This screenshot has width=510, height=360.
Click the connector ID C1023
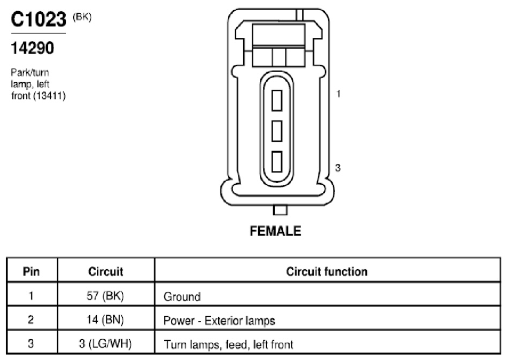pyautogui.click(x=38, y=19)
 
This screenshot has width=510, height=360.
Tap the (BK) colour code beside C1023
pyautogui.click(x=82, y=17)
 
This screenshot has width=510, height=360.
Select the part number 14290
pyautogui.click(x=32, y=49)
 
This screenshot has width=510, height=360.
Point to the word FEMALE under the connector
pyautogui.click(x=275, y=231)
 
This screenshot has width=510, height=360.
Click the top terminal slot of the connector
pyautogui.click(x=277, y=101)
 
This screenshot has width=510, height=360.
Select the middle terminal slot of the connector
pyautogui.click(x=277, y=131)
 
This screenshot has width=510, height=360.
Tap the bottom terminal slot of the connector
pyautogui.click(x=277, y=161)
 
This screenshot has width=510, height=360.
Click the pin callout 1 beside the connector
pyautogui.click(x=338, y=94)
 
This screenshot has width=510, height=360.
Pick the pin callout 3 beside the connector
pyautogui.click(x=338, y=168)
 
